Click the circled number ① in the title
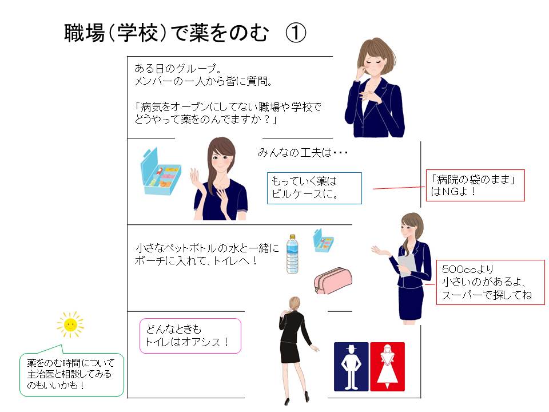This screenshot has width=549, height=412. point(296,33)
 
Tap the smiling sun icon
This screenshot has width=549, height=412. point(70,324)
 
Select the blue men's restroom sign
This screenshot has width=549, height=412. point(351,366)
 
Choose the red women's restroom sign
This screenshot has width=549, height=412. point(387,366)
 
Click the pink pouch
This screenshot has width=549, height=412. point(333,280)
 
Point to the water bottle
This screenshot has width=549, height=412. point(292,254)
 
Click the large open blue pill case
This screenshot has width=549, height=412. point(160,172)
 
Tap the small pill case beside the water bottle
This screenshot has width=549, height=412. point(323,241)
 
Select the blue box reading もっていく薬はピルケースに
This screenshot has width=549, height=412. point(314,188)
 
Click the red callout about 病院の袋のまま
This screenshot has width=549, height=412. point(475,185)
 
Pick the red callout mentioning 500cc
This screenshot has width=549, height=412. point(490,282)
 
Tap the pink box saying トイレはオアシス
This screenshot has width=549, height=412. point(190,336)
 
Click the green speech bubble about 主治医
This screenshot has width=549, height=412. point(72,374)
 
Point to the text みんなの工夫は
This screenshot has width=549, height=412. point(303,153)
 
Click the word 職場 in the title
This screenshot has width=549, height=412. point(85,33)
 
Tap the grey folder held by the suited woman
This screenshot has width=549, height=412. point(407,265)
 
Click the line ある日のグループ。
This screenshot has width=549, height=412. point(177,68)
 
